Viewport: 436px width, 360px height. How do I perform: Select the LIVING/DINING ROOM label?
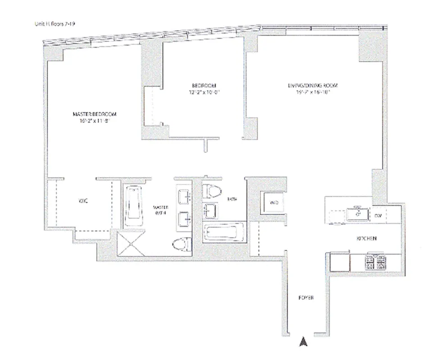(313, 85)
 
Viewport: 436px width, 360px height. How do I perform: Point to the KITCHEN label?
(367, 238)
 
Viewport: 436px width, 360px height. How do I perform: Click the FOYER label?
(306, 298)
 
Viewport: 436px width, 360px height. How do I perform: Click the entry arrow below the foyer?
(304, 342)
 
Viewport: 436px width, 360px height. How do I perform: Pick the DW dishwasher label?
(378, 216)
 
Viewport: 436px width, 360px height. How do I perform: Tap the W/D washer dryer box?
(274, 203)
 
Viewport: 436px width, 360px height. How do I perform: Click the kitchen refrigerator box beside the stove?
(340, 261)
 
